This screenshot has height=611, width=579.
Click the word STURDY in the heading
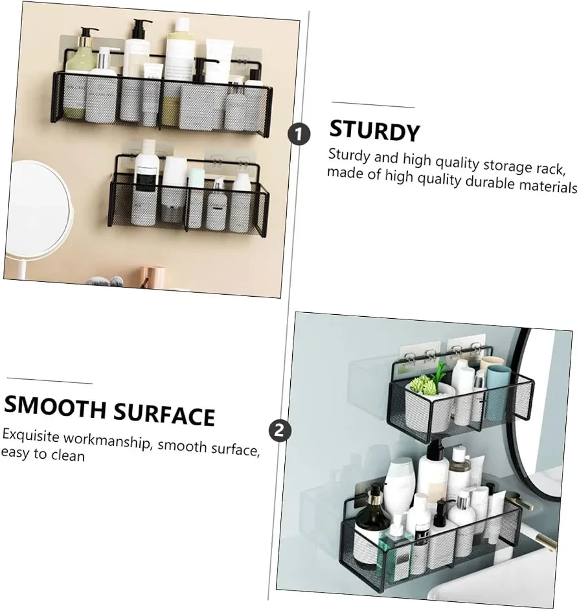point(374,130)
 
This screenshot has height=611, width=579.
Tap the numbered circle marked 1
point(299,134)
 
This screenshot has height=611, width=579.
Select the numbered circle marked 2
point(280,431)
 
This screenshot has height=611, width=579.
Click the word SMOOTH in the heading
point(54,407)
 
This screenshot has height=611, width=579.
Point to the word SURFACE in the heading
point(164,415)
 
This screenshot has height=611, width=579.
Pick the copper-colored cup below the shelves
point(151,276)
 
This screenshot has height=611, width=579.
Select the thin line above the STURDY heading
point(373,105)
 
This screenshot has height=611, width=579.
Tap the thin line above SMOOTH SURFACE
point(50,380)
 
